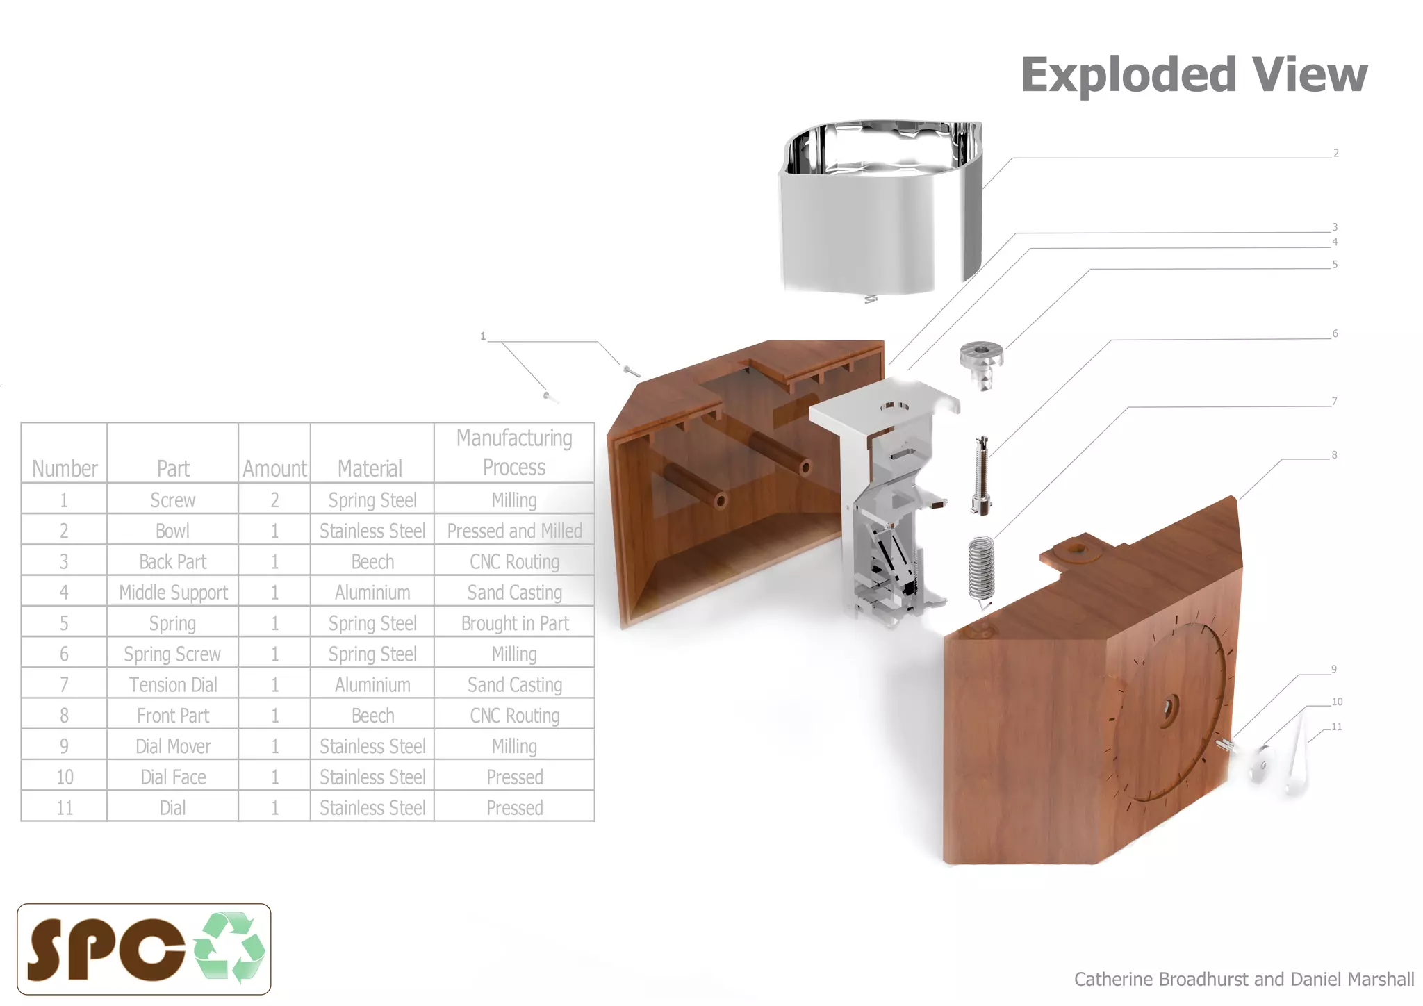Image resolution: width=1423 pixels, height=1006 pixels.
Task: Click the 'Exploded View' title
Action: (x=1194, y=74)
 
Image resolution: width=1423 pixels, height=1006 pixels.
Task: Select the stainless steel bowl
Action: (x=880, y=208)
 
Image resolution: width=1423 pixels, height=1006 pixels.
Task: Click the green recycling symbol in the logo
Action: (x=229, y=947)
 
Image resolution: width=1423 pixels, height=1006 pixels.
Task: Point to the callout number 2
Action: (x=1335, y=153)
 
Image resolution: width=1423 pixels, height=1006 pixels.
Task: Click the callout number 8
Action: (x=1334, y=455)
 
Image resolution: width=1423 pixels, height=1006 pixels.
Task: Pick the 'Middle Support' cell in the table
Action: (x=173, y=592)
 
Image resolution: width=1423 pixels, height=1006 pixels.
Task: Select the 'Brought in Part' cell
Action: (x=515, y=623)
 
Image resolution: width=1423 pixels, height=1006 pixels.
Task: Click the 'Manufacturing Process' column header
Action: (x=514, y=452)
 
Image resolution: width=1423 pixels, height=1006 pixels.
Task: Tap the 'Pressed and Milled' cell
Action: (x=515, y=531)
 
